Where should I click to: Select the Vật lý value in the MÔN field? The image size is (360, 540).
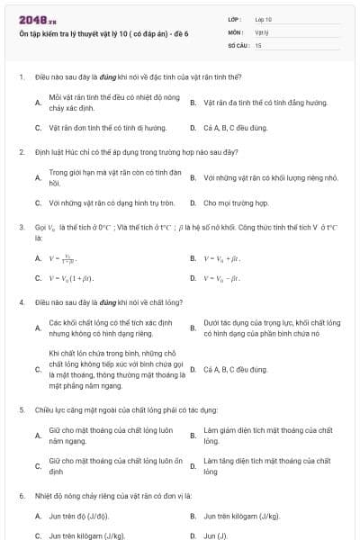pos(261,31)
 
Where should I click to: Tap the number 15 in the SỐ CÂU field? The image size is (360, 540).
pos(258,44)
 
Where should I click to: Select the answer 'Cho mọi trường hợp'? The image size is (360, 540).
pos(236,203)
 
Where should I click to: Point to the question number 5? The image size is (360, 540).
pos(21,409)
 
